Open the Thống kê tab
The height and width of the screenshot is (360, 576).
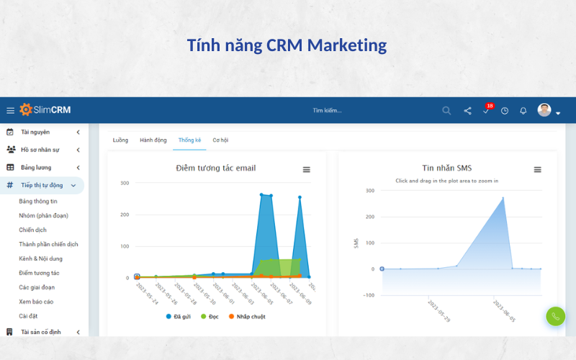(189, 140)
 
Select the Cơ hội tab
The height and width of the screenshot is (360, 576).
(220, 140)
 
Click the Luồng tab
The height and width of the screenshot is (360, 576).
(120, 140)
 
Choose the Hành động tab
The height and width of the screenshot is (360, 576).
(153, 140)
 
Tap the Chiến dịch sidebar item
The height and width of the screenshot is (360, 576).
(33, 230)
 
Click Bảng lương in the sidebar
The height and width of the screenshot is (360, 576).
(36, 167)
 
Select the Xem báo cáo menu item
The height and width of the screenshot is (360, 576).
(36, 302)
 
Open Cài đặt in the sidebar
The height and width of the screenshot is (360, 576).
(29, 316)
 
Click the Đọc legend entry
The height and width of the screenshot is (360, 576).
(210, 316)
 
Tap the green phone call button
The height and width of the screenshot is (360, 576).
(555, 316)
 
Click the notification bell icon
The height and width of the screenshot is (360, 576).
(523, 111)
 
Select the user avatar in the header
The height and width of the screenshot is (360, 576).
(544, 110)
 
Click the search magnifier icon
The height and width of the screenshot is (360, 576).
(446, 111)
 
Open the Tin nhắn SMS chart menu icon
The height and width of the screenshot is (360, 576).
(537, 169)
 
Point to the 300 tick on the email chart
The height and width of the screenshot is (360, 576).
(125, 183)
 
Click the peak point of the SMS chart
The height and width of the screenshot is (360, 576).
(503, 198)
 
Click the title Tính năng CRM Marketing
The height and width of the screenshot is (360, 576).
(287, 45)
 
